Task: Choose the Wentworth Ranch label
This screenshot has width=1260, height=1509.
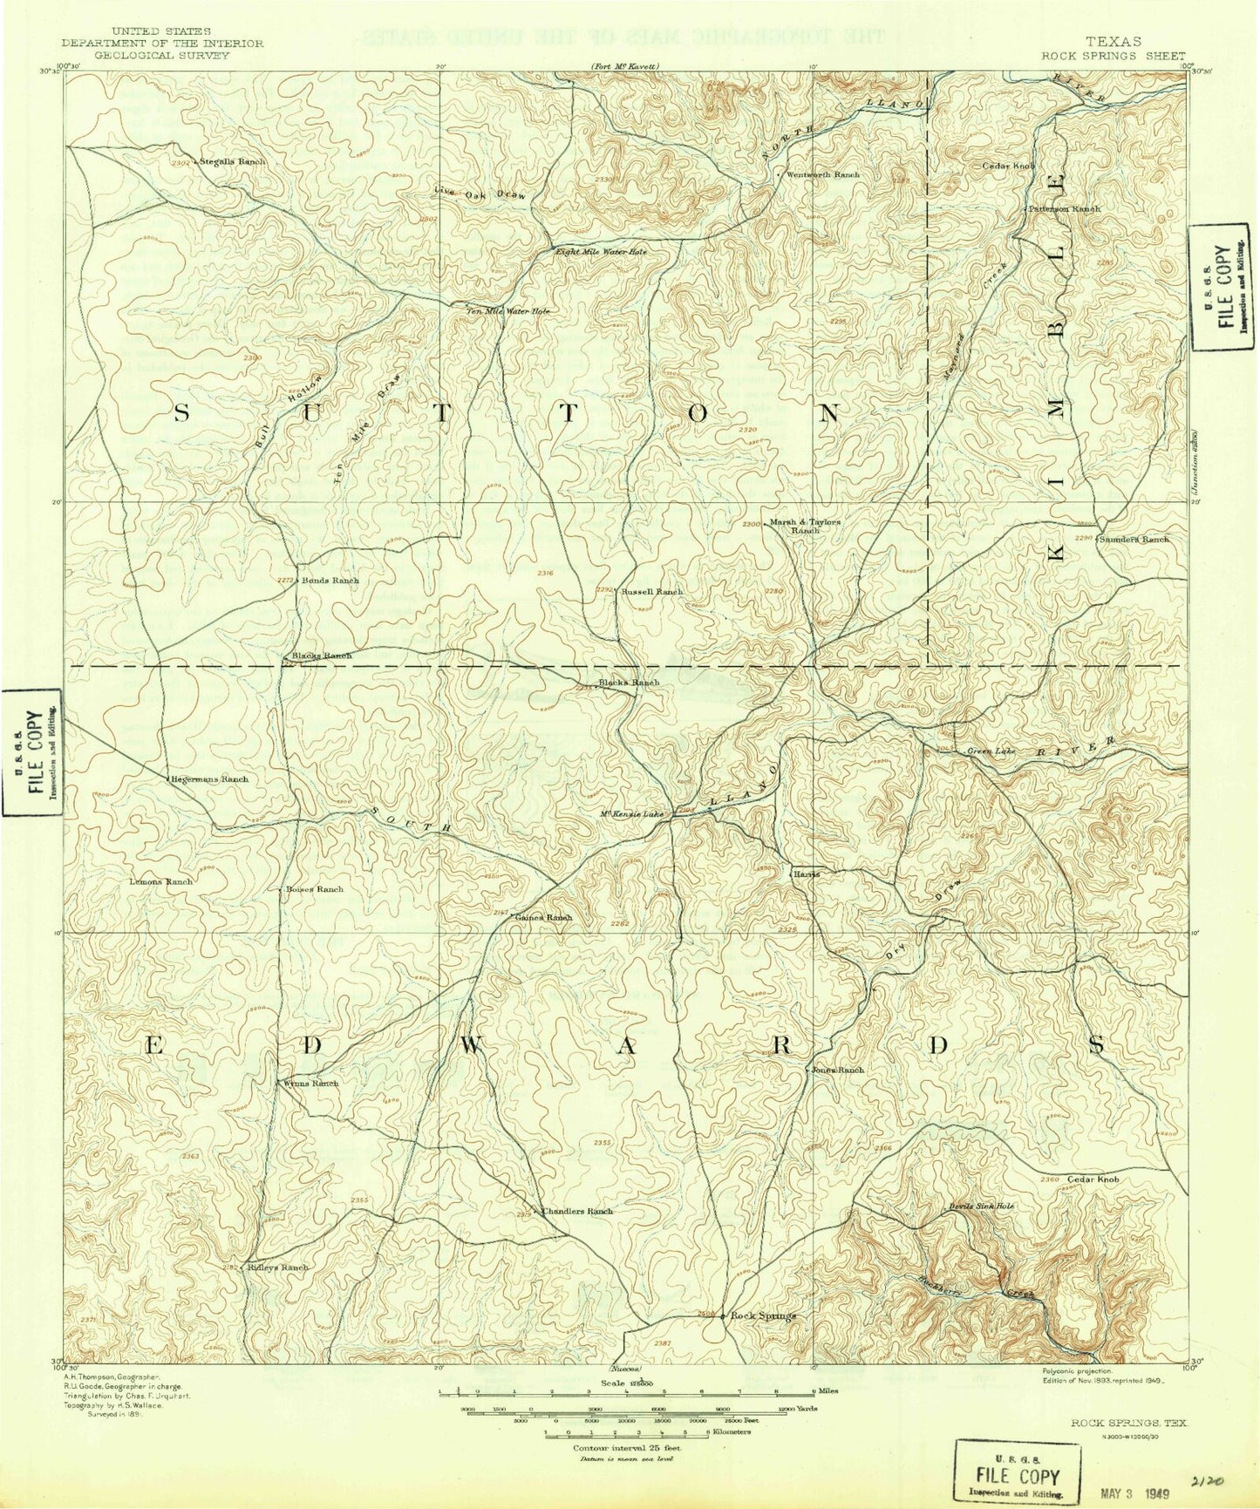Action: (822, 174)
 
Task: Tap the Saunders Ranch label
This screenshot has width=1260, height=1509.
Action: (1134, 540)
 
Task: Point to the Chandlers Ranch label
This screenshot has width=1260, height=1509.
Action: (576, 1212)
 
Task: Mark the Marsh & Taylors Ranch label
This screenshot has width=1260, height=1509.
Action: (804, 526)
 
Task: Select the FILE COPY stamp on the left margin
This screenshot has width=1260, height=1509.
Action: (31, 751)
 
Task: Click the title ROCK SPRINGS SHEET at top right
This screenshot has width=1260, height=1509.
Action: (1113, 54)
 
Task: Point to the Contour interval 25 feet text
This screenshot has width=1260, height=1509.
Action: (626, 1448)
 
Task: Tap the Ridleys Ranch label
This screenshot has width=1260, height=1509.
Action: (277, 1268)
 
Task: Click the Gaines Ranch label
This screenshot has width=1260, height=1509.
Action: (543, 917)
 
